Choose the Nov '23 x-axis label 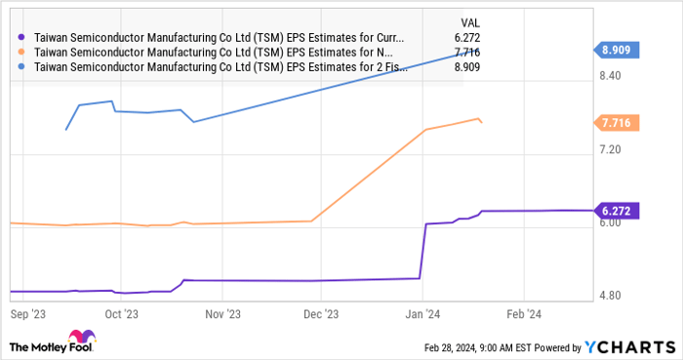coord(221,314)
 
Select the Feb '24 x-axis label coord(524,314)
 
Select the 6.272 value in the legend coord(466,38)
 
